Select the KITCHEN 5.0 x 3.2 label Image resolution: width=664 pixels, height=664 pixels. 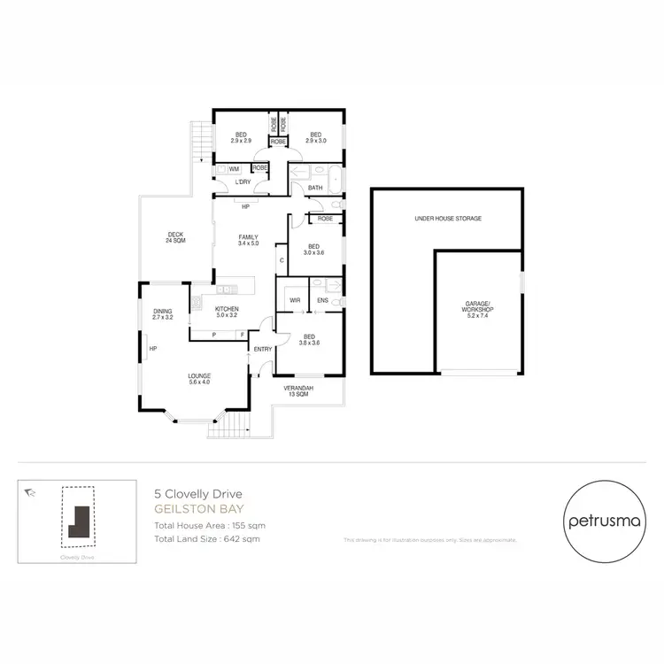pos(227,312)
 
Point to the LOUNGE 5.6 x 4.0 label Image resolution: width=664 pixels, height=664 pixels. pos(199,379)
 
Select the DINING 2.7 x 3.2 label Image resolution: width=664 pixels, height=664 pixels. pos(162,313)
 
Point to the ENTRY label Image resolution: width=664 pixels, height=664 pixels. pos(263,349)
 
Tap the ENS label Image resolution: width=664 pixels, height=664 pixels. pos(322,301)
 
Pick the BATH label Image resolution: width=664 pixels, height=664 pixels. pos(315,188)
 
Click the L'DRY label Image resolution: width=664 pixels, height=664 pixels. pos(243,182)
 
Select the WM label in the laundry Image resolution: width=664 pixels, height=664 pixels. pos(235,168)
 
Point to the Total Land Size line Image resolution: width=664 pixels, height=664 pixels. pos(206,538)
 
